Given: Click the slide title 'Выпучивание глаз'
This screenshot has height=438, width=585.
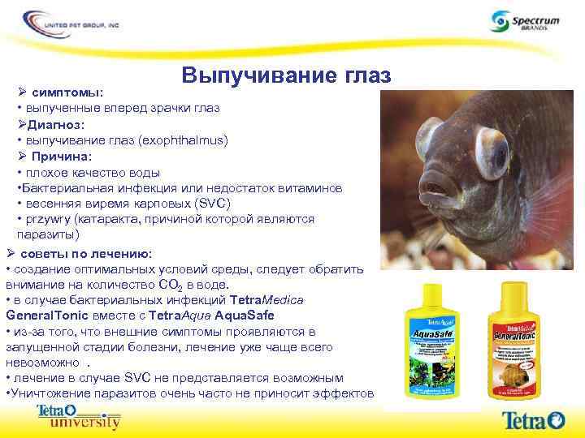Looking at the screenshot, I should (287, 75).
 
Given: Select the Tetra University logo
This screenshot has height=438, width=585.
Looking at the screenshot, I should (78, 417).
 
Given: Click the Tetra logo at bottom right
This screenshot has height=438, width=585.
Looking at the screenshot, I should (533, 419).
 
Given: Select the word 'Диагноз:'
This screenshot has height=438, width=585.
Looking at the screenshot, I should (55, 124).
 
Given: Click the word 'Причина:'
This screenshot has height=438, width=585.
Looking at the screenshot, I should (62, 156).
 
